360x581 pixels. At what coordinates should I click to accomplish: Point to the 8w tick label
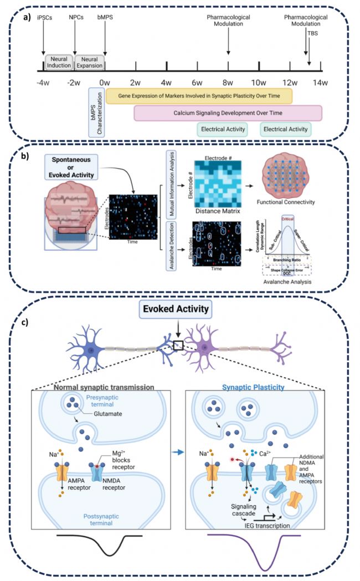pos(228,83)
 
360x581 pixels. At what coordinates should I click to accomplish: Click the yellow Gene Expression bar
pos(199,96)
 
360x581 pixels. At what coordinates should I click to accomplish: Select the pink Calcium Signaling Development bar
pos(228,113)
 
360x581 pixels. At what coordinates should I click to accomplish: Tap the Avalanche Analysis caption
pos(288,281)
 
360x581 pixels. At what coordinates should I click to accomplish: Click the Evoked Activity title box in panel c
pos(180,310)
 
